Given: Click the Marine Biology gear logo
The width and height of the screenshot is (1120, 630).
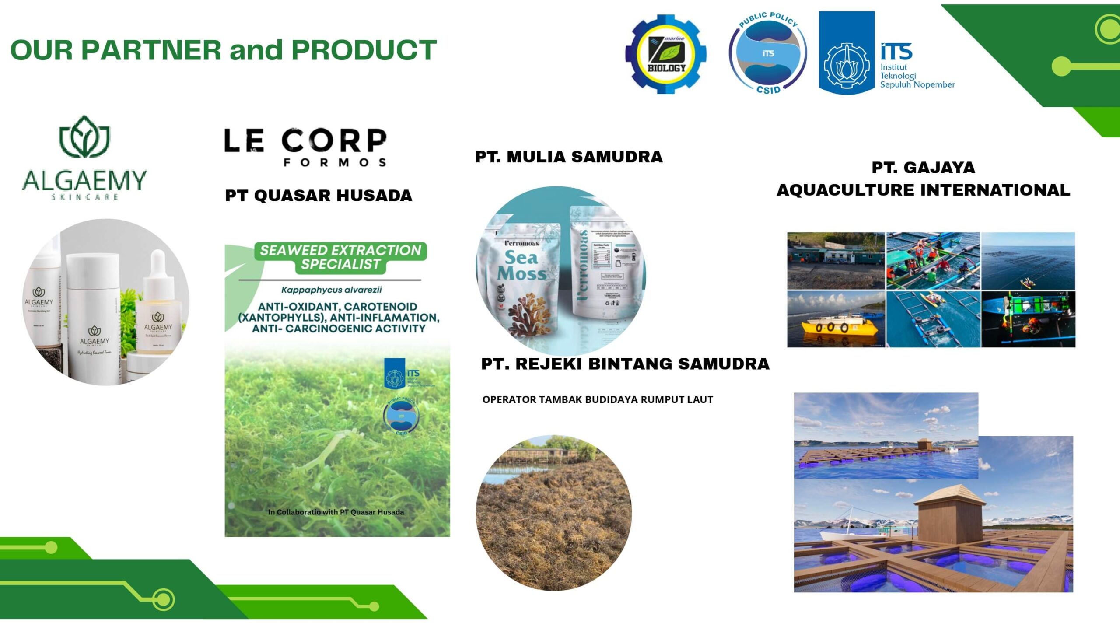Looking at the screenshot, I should coord(666,54).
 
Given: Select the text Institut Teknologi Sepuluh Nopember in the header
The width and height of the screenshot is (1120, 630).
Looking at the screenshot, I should coord(917,76).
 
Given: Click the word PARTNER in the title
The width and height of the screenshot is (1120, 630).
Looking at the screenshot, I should coord(151,49).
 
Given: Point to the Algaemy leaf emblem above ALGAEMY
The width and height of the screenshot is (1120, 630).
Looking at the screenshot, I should coord(84,136).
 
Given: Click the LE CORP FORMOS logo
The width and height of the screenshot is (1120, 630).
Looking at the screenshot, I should coord(305,147).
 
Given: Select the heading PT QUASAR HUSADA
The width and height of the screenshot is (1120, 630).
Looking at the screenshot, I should coord(318,196).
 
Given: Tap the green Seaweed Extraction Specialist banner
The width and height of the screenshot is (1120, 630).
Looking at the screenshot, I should coord(340,257).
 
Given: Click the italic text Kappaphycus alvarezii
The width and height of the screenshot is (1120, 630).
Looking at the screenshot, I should coord(331,290).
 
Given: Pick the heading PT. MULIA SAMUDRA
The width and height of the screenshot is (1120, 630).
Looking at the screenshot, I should coord(569,157).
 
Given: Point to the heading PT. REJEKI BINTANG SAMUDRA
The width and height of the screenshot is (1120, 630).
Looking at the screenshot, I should coord(625,364).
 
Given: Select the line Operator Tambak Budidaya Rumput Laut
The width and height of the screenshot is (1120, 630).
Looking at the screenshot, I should coord(598,399).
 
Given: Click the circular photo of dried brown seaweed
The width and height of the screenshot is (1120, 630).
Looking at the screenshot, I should coord(554,513).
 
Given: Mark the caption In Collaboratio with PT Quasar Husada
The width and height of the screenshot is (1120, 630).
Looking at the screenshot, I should coord(336,512).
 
